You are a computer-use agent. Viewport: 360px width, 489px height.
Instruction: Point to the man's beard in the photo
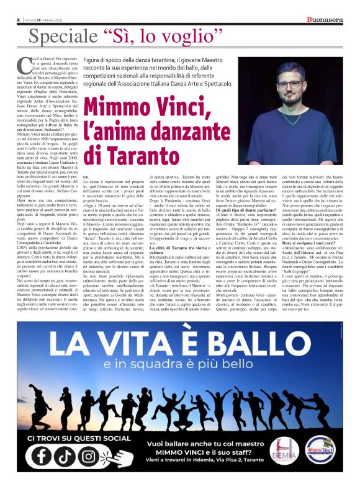tap(290, 100)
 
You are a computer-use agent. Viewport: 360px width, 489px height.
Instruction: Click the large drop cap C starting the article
tap(25, 63)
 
